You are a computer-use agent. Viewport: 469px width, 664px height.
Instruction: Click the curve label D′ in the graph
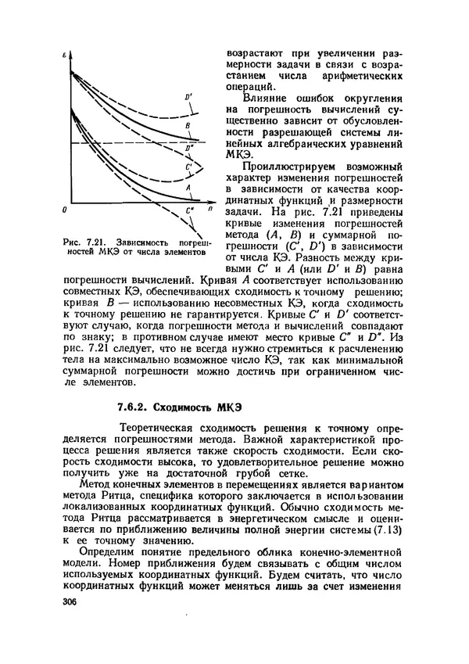[x=188, y=96]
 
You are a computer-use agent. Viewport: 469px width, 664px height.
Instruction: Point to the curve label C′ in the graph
[x=188, y=167]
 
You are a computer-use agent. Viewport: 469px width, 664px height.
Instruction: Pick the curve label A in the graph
[x=188, y=188]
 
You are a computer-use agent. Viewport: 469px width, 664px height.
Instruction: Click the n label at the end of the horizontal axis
[x=209, y=210]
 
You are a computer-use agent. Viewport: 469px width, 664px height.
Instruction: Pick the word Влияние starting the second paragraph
[x=267, y=99]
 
